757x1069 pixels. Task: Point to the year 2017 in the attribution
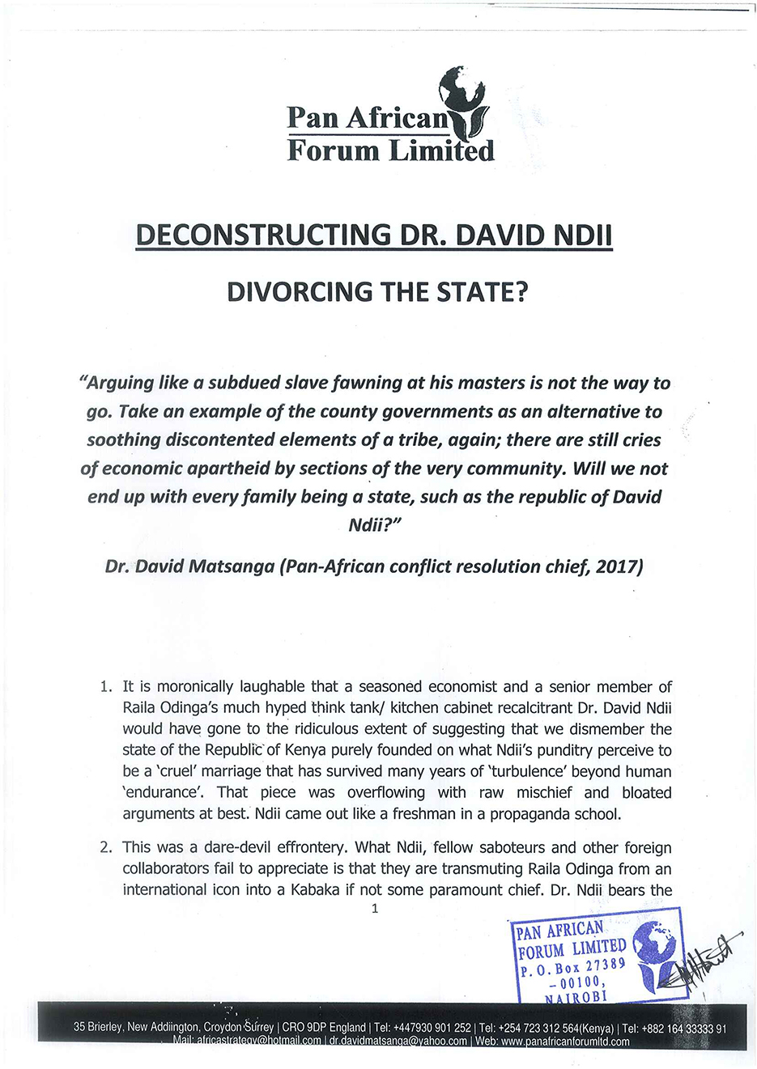click(x=619, y=566)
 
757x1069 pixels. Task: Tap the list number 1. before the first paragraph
click(x=106, y=687)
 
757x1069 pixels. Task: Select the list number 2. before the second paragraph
click(x=106, y=848)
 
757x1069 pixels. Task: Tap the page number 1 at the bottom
click(x=374, y=909)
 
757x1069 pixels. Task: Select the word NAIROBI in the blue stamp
click(x=576, y=997)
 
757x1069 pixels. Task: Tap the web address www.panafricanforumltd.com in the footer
click(x=565, y=1041)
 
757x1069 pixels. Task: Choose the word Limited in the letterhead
click(x=440, y=151)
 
